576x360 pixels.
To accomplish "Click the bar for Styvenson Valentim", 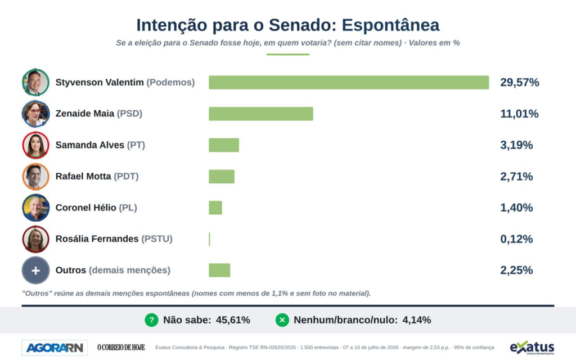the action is tap(349, 82).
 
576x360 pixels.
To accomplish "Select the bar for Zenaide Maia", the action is tap(261, 114).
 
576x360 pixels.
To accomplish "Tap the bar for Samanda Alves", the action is tap(224, 145).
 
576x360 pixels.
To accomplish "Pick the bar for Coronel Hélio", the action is tap(215, 208).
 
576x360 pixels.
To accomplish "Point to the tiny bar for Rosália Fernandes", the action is tap(209, 239).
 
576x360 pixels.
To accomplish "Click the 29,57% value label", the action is tap(519, 82).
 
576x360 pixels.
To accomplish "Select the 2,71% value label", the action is tap(516, 176).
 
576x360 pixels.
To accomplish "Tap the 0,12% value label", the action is tap(516, 239).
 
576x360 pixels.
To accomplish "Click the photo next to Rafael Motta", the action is tap(35, 176).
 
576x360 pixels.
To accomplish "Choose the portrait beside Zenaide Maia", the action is tap(35, 114).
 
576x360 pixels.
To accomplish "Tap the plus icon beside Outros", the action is tap(35, 271).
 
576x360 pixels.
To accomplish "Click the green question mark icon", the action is tap(151, 320).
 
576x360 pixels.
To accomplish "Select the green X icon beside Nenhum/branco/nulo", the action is tap(282, 320).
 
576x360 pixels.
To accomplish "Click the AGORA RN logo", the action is tap(55, 348).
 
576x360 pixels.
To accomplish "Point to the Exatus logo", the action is tap(532, 348).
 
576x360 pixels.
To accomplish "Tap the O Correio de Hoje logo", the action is tap(121, 348).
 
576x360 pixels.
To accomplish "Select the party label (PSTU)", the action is tap(157, 238).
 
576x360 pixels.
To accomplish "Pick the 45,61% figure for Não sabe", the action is tap(233, 320).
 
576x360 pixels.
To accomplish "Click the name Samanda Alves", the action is tap(89, 145).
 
